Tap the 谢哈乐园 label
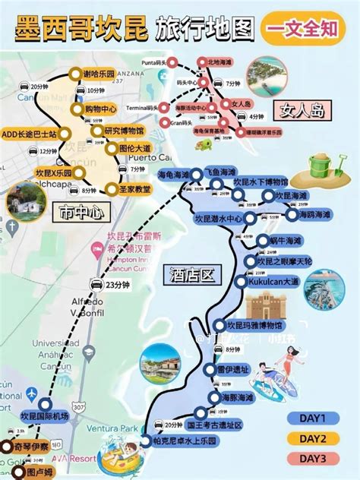[x=99, y=74]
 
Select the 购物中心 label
[x=101, y=109]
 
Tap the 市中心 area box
[x=76, y=215]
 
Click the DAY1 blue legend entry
[x=312, y=418]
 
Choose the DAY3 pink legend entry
[x=312, y=459]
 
